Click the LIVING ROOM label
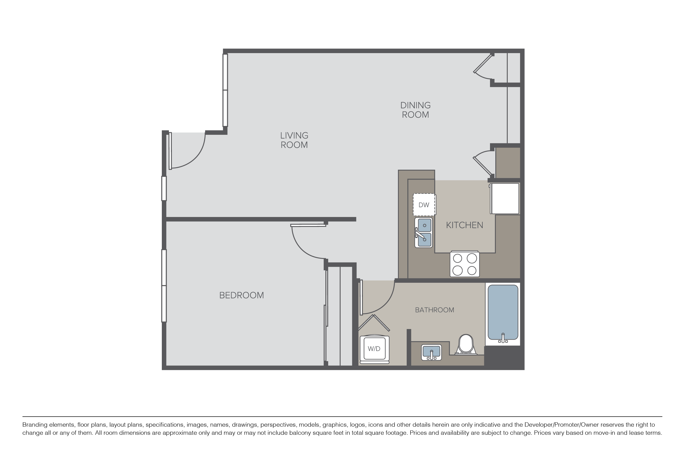click(294, 140)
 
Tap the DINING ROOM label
click(415, 110)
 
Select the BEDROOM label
click(241, 295)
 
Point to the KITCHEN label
click(464, 225)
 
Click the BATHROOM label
click(435, 310)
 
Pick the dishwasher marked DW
click(424, 205)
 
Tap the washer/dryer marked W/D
click(374, 349)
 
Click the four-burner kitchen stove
click(464, 264)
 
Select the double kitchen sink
click(424, 233)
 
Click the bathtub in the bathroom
click(503, 314)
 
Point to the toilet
click(466, 344)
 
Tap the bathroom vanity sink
click(431, 352)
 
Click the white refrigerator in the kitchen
click(505, 199)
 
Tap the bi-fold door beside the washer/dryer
click(374, 323)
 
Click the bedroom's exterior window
click(164, 286)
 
